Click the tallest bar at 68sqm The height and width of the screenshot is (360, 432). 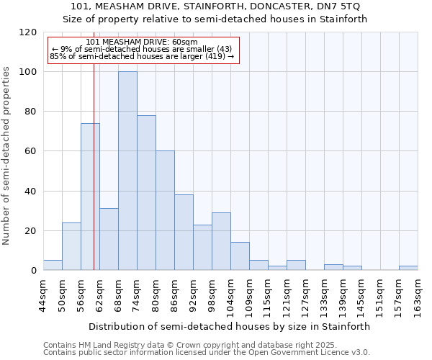127,171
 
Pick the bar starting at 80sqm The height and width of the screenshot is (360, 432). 165,210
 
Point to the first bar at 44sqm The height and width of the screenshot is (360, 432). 53,265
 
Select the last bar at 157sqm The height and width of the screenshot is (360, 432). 408,268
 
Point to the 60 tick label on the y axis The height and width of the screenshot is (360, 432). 31,151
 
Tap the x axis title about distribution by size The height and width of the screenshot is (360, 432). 230,326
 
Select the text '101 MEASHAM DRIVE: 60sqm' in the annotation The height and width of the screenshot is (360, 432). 141,42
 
